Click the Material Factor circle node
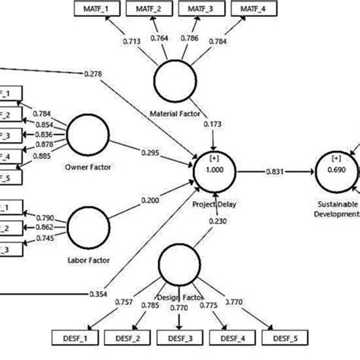(x=174, y=79)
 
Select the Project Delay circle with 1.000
(x=216, y=169)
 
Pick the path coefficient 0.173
(x=215, y=123)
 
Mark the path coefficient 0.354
(x=96, y=294)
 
